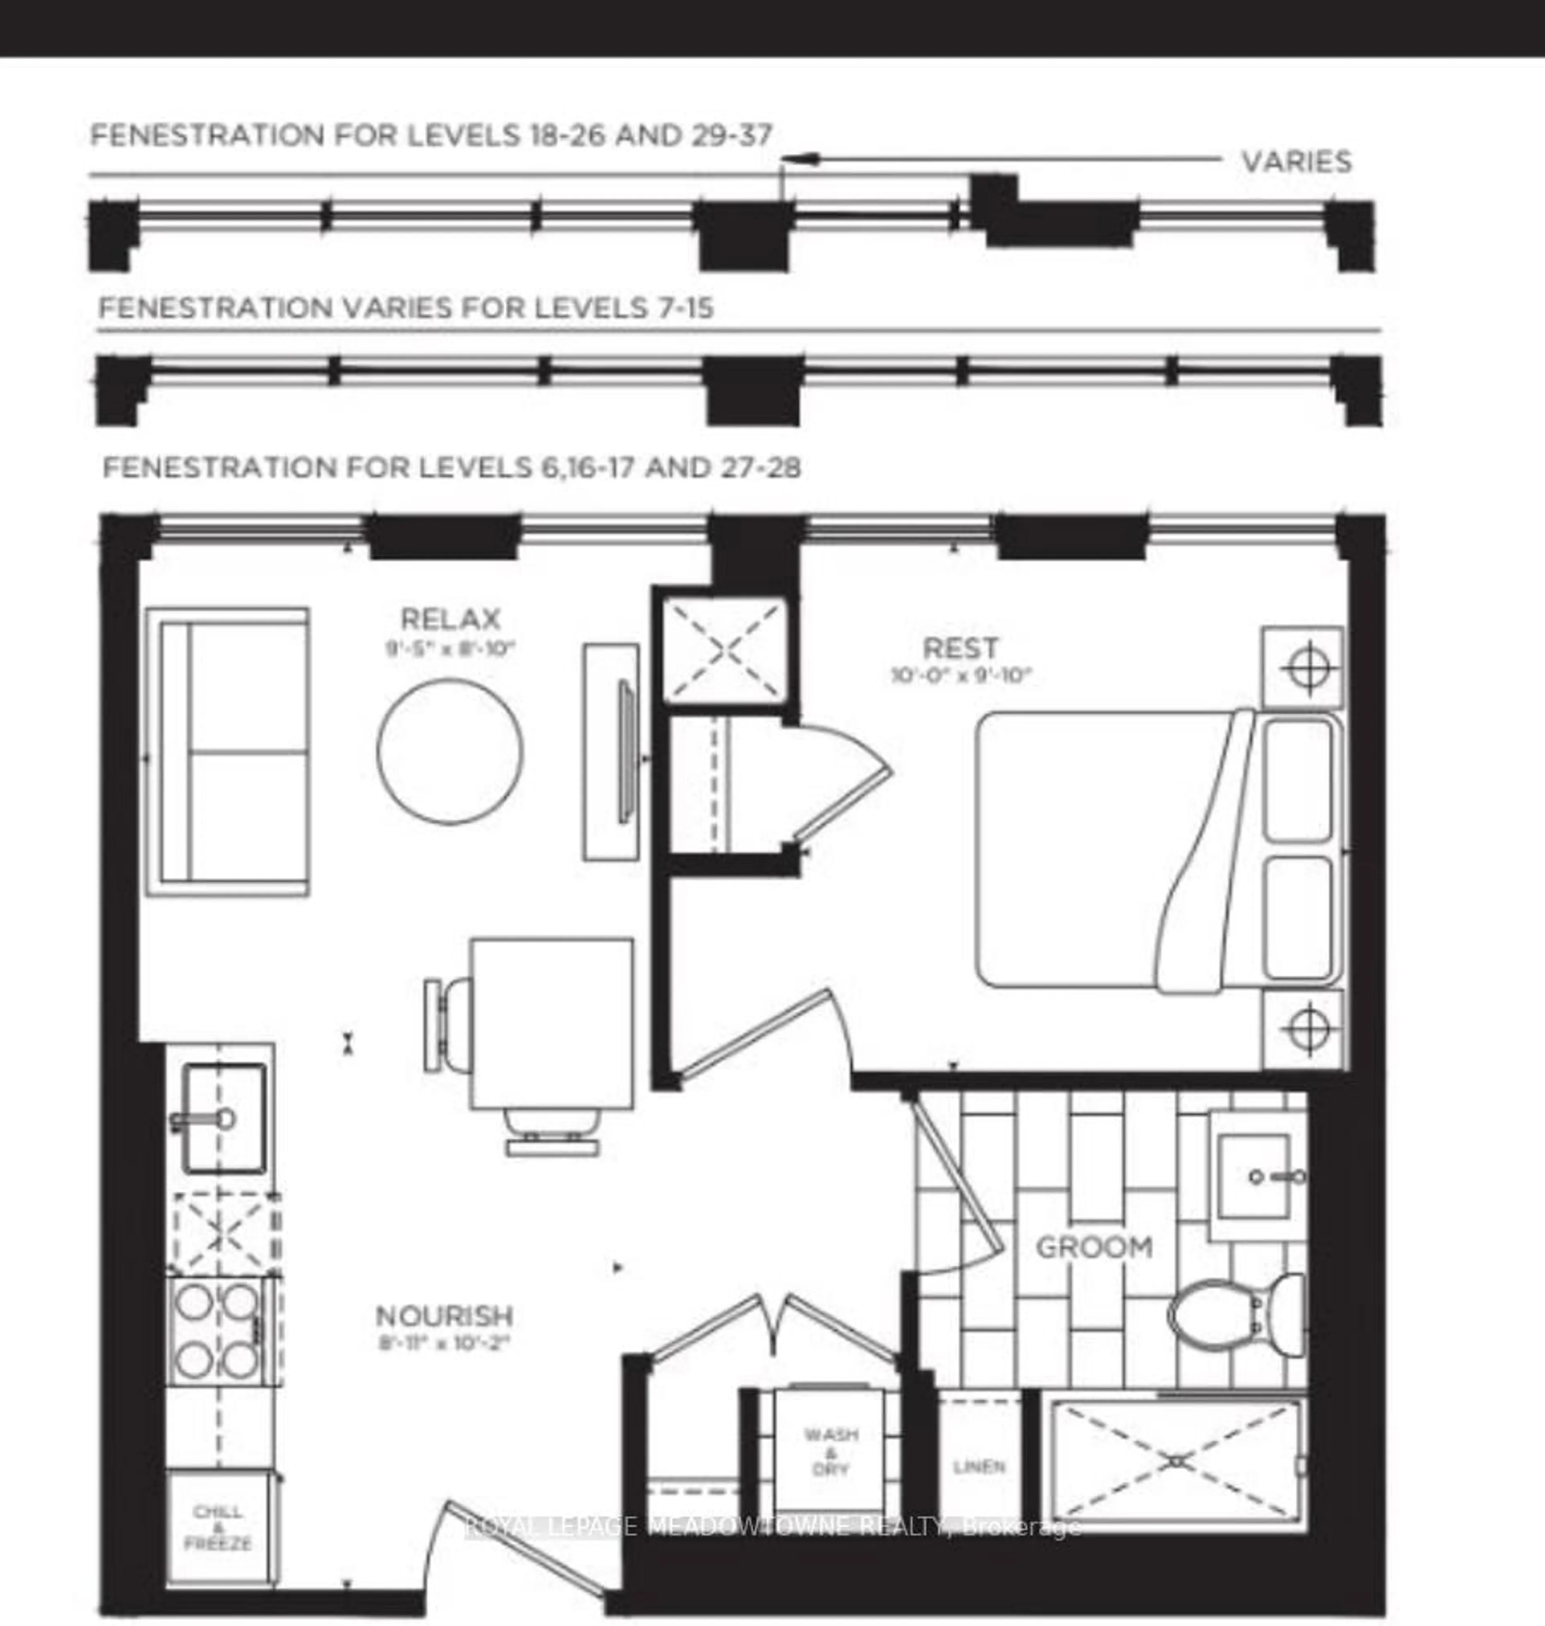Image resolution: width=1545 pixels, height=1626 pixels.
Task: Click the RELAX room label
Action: tap(450, 618)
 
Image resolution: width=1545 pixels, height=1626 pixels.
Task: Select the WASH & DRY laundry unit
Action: tap(830, 1451)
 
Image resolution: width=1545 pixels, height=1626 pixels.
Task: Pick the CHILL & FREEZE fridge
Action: tap(218, 1526)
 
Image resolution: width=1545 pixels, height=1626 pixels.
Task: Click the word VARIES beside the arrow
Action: tap(1296, 161)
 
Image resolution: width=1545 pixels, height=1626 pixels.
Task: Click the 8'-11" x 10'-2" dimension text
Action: tap(445, 1343)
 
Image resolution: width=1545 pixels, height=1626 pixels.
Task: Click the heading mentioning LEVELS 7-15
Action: tap(406, 308)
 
